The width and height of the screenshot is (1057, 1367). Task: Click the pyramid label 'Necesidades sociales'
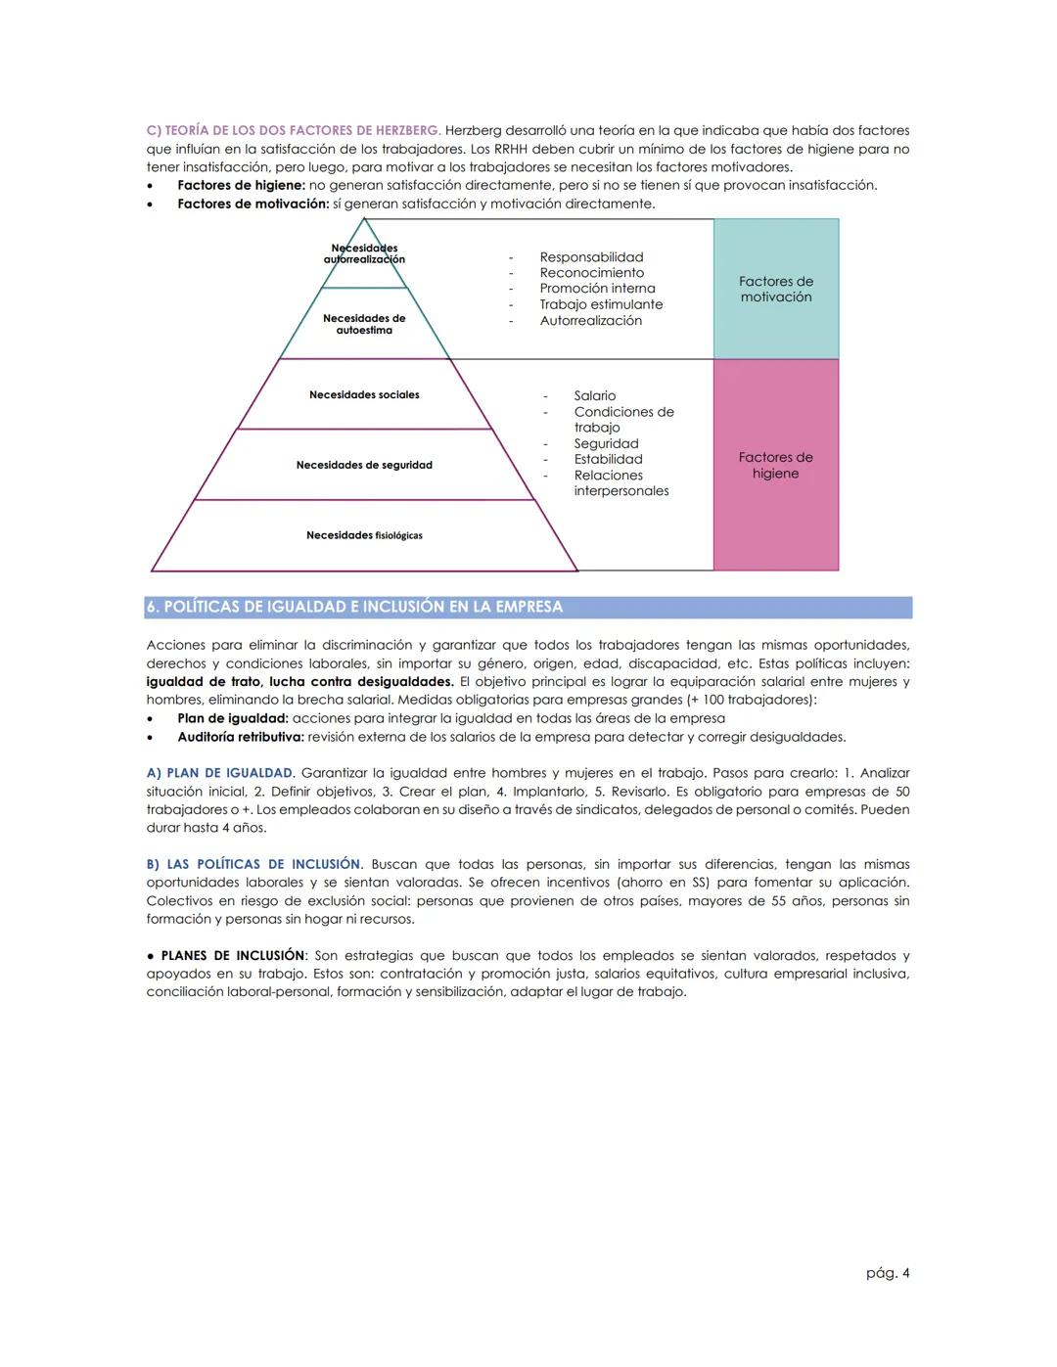[364, 395]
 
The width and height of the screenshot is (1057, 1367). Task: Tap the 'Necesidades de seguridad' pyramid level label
[364, 466]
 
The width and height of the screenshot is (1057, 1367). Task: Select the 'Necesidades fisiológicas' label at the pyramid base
[364, 536]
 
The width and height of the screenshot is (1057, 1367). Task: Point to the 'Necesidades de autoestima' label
[364, 324]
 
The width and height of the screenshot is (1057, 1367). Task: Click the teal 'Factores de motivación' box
[775, 289]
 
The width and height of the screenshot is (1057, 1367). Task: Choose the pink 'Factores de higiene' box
[775, 465]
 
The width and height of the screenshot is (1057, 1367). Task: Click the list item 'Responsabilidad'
[591, 257]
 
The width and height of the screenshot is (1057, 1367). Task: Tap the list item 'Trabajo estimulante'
[601, 304]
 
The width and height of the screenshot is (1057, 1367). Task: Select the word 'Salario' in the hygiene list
[595, 396]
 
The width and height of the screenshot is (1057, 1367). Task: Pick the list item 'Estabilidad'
[608, 460]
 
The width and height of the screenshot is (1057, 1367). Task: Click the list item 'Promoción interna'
[597, 289]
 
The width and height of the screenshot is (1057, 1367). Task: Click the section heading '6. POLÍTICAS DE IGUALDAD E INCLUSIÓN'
[354, 608]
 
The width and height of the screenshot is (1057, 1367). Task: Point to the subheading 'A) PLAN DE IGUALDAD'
[219, 773]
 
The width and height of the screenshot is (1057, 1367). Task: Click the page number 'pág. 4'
[888, 1273]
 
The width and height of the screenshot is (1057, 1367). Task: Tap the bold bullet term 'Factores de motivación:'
[253, 204]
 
